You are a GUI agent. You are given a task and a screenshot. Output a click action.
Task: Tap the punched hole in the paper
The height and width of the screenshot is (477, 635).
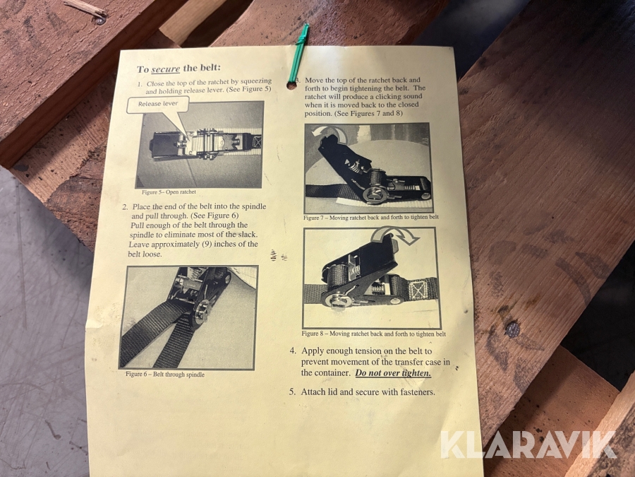(291, 86)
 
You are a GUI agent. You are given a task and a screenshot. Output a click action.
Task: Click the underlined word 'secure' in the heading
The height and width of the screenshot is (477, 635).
(166, 69)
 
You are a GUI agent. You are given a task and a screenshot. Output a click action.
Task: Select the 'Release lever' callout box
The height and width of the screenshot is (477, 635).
(158, 105)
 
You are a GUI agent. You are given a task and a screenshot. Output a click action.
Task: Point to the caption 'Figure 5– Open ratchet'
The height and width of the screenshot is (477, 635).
(169, 192)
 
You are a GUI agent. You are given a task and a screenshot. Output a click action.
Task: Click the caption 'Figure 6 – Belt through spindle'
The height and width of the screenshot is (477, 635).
(165, 375)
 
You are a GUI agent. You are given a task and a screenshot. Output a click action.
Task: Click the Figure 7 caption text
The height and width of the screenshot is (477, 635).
(371, 218)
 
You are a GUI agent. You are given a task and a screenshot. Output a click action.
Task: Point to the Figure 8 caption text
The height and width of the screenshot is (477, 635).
(373, 334)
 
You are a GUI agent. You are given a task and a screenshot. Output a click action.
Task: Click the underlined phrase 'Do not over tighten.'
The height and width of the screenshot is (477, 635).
(393, 372)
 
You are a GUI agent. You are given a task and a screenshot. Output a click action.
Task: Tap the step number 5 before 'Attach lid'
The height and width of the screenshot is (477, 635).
(292, 391)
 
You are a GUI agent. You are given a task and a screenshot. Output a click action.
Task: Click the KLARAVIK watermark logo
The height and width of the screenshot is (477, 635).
(529, 444)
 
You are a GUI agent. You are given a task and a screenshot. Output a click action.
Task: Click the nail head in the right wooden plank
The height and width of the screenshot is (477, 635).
(513, 329)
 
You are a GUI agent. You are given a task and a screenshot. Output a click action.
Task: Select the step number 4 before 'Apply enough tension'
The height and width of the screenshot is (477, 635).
(293, 351)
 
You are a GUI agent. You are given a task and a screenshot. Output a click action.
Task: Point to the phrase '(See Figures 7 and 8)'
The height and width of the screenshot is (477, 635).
(368, 113)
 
